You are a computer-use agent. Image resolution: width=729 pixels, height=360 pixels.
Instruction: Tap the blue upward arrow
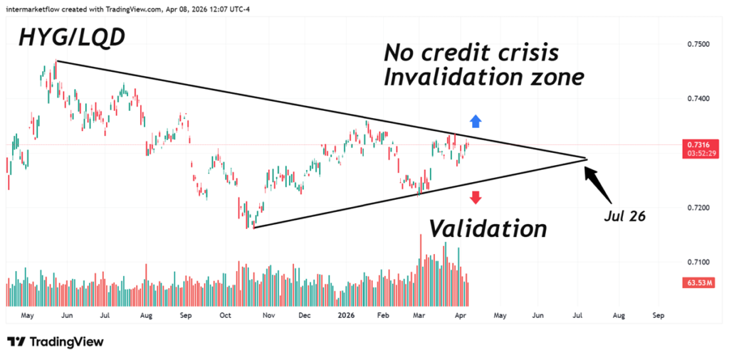click(476, 122)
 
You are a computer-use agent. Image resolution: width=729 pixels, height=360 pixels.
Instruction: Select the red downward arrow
click(476, 197)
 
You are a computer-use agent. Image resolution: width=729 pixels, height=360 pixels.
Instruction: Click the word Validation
click(488, 228)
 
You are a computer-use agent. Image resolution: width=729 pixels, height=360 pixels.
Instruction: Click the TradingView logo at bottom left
click(56, 342)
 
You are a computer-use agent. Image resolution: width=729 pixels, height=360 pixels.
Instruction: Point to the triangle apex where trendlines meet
click(586, 159)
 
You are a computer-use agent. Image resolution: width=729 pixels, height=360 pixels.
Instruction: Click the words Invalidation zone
click(483, 77)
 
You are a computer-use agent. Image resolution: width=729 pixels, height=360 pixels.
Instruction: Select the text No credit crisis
click(471, 52)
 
